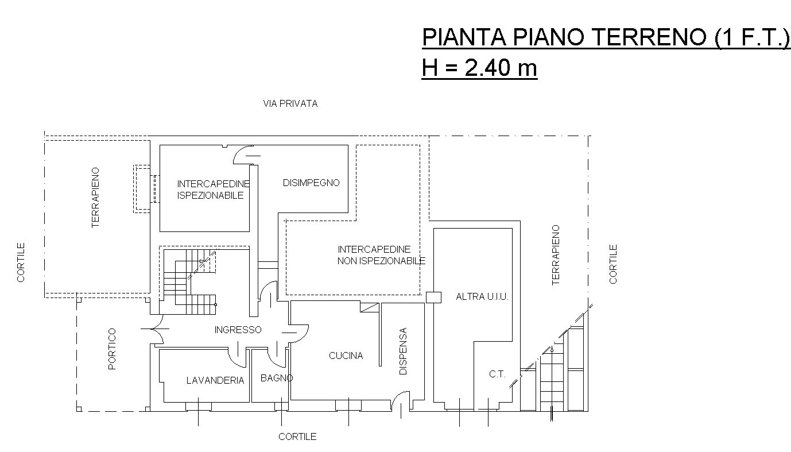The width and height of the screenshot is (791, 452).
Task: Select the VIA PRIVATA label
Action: tap(290, 104)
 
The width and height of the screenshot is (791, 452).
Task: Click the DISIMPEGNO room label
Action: tap(311, 183)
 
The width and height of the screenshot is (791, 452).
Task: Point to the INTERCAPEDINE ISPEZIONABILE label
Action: tap(213, 190)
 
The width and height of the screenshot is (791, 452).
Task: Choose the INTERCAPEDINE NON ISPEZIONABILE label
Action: tap(381, 255)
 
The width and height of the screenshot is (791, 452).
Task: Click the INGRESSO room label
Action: tap(238, 330)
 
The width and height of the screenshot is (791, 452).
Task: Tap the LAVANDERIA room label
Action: tap(215, 380)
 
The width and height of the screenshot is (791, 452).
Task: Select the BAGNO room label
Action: tap(277, 378)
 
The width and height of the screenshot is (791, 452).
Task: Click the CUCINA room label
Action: tap(346, 356)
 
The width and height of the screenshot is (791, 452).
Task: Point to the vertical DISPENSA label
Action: tap(403, 351)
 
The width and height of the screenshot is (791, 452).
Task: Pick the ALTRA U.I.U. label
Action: tap(482, 297)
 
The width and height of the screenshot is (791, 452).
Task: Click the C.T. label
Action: tap(497, 374)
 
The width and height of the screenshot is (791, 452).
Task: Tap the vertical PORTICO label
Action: tap(112, 349)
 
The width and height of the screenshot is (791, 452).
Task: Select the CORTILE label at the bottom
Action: tap(297, 436)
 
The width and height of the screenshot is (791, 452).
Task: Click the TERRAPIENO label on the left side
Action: tap(96, 198)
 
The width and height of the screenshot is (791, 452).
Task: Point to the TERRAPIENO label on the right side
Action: tap(555, 254)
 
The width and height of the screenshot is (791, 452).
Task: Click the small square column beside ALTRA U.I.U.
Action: tap(433, 297)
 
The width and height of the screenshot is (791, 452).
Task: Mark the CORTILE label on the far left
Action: tap(21, 262)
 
